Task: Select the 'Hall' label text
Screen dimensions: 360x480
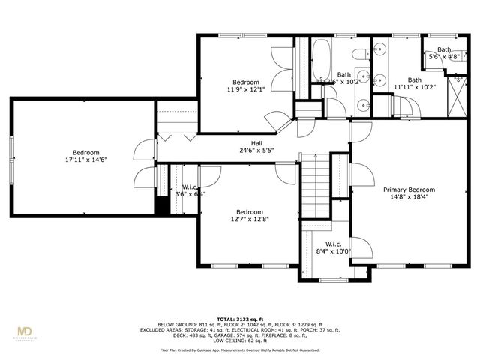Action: click(256, 142)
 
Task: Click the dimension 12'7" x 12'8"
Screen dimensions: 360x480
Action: click(249, 220)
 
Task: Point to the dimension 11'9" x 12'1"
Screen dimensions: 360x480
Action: click(245, 89)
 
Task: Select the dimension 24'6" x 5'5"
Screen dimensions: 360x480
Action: click(256, 150)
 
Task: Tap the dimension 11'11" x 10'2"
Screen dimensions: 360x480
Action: click(414, 87)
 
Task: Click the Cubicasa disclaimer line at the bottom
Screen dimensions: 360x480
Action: click(239, 349)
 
